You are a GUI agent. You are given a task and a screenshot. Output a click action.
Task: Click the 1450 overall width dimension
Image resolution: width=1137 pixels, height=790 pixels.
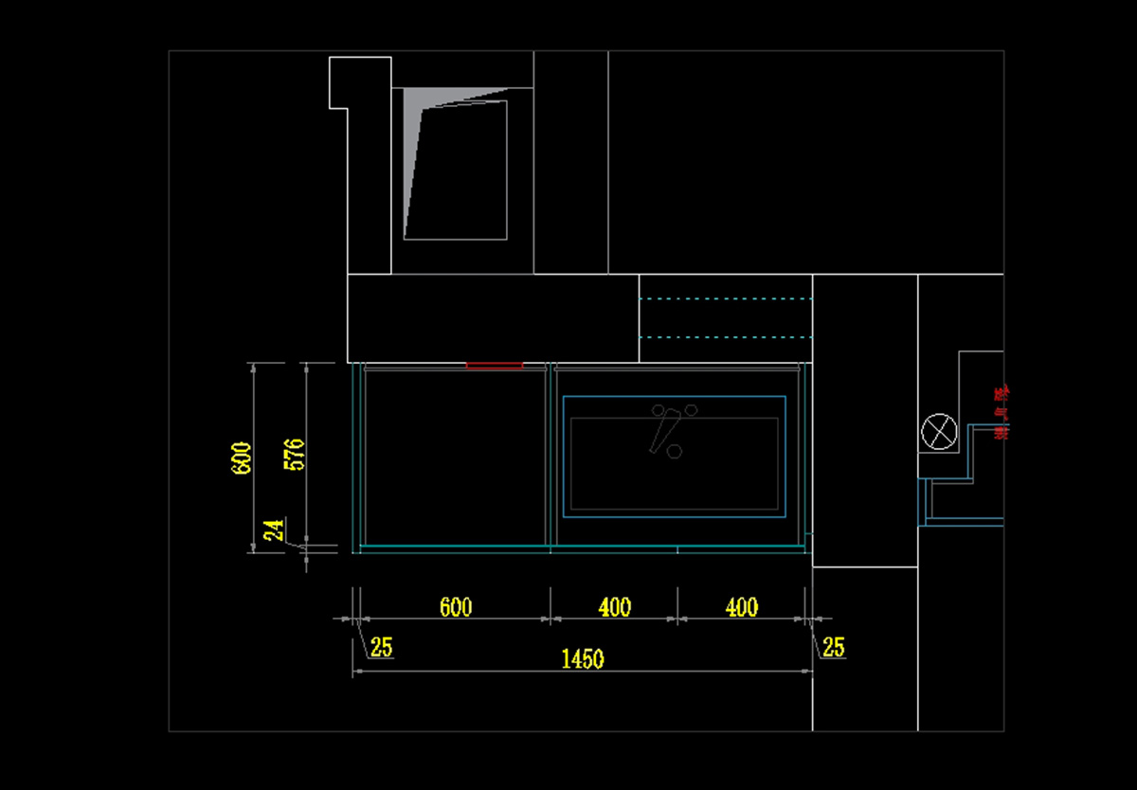point(583,659)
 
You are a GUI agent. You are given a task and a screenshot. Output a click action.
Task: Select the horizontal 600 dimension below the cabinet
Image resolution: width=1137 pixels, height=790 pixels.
point(456,607)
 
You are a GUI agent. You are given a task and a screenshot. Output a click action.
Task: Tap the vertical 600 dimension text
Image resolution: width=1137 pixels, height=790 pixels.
point(242,458)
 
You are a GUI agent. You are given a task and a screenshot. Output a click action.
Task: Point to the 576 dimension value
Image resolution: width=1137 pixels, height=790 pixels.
point(295,456)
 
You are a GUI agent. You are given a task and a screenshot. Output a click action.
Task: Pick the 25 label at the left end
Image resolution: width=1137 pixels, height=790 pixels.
point(381,648)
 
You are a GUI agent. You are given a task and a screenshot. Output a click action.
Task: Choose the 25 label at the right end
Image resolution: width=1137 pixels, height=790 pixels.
point(833,648)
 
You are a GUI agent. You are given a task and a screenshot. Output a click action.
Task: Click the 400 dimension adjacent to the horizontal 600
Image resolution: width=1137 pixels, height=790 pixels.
point(615,607)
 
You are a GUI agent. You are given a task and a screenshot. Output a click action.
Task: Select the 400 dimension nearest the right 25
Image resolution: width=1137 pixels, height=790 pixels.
point(741,607)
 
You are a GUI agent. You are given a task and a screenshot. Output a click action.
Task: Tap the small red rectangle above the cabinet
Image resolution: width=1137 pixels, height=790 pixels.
point(495,365)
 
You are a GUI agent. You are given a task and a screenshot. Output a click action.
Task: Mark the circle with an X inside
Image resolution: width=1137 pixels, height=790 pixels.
point(939,433)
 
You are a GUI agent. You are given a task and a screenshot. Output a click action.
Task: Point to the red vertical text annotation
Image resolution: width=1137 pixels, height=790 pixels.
point(1000,413)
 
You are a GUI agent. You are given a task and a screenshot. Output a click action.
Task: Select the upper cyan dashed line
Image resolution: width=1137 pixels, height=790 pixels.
point(727,299)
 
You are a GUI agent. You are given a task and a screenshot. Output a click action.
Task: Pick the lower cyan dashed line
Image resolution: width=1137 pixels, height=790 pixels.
point(727,337)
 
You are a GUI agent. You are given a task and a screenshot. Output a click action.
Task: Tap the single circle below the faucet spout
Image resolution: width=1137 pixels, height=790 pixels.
point(675,452)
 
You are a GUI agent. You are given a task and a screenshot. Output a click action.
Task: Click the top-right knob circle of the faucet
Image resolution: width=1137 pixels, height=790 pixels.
point(691,410)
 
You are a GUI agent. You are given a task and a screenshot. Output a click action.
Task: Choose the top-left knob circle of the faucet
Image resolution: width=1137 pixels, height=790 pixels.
point(659,410)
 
